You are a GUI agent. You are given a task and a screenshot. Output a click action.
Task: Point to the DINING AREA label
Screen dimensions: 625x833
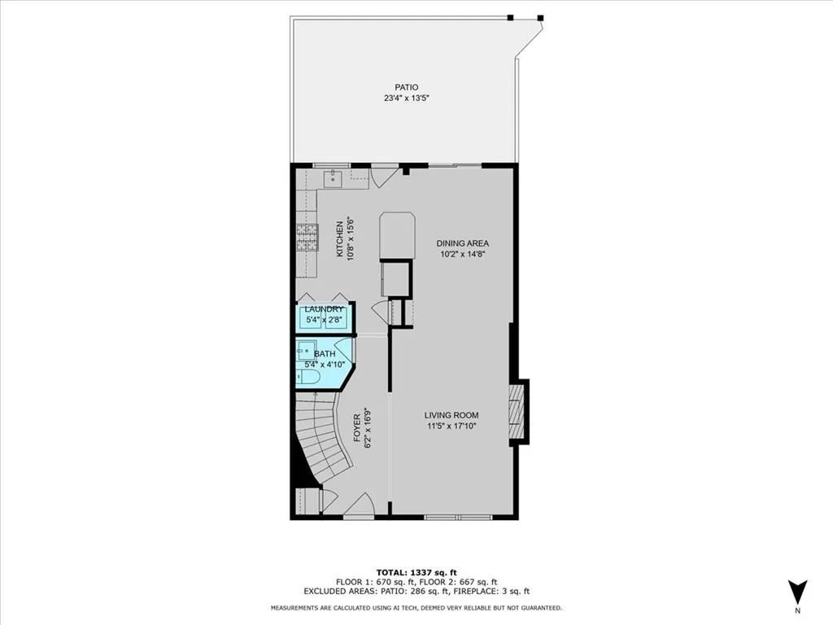(462, 243)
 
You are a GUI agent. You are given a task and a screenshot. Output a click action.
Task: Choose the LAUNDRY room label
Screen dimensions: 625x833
(324, 310)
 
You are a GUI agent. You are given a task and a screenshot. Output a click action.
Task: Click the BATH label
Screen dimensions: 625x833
(325, 354)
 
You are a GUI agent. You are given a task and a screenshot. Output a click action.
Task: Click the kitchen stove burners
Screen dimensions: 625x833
(307, 237)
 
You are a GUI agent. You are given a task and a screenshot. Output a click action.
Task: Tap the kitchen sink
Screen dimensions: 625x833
(332, 179)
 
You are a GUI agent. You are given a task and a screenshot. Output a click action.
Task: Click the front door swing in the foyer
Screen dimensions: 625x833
(358, 506)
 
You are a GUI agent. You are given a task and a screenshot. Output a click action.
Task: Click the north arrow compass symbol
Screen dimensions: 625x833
(797, 592)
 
